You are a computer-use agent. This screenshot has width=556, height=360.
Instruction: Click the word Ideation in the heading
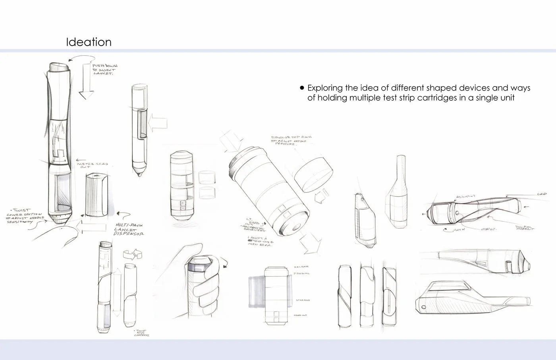click(x=89, y=42)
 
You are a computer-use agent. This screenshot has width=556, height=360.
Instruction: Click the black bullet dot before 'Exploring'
click(x=302, y=88)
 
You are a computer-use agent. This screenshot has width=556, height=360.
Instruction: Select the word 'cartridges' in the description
click(x=436, y=98)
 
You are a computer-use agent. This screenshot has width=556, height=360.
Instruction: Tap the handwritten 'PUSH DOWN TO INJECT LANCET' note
click(x=104, y=69)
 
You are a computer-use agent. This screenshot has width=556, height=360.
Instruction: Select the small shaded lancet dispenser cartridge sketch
click(x=95, y=194)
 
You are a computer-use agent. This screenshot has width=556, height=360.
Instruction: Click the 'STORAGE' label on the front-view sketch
click(x=301, y=300)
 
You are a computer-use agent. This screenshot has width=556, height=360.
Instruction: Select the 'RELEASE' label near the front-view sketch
click(x=301, y=267)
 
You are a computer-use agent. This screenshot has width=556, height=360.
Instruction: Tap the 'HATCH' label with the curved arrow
click(x=459, y=230)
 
